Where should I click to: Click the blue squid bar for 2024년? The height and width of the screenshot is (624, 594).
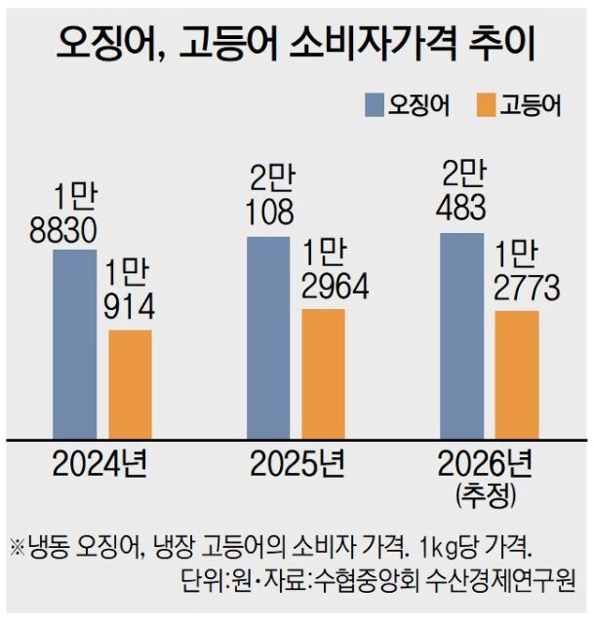[x=74, y=343]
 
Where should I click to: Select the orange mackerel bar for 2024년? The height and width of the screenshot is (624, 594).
[x=130, y=384]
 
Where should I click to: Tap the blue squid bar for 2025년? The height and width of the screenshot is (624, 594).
[x=269, y=336]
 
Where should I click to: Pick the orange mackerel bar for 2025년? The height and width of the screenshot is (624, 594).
[x=323, y=373]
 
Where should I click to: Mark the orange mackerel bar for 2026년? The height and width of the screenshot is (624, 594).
[x=517, y=374]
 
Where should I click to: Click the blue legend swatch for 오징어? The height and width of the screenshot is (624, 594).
[x=375, y=105]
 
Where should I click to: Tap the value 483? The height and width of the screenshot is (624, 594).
[x=463, y=212]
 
